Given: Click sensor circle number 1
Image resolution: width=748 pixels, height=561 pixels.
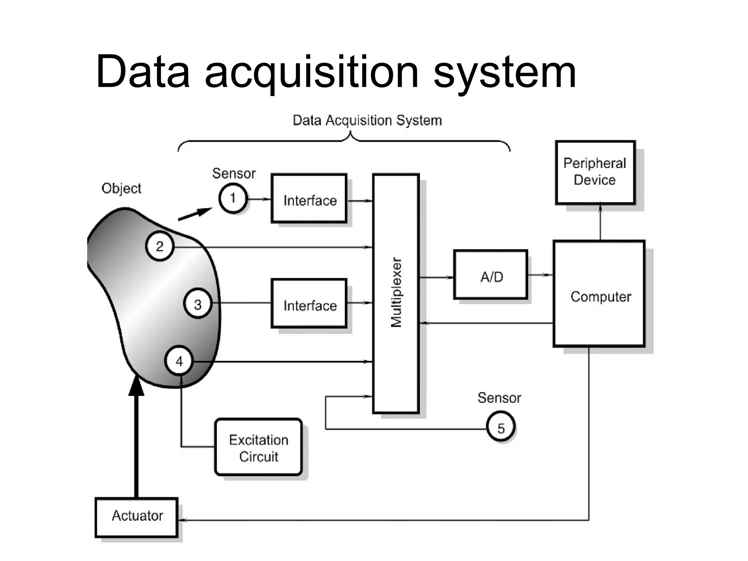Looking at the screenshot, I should pos(233,199).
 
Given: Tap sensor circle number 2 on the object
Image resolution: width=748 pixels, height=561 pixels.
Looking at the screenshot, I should pos(160,247).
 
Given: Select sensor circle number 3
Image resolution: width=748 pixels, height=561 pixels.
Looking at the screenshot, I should pos(198,304).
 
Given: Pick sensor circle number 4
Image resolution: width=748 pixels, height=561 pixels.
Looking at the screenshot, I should pos(179,361).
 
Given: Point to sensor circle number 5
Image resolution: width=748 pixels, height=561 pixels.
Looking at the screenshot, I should pos(501,427).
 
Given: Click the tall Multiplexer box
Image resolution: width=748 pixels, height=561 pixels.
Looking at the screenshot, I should pos(396,293).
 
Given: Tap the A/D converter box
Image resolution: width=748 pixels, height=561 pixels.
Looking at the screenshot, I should pos(491,275).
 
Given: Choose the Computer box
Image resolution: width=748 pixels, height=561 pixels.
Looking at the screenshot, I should pos(599,293).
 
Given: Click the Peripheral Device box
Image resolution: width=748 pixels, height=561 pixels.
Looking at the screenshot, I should pos(595,172).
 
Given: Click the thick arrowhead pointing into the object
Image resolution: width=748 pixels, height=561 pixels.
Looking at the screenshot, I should pos(136,386).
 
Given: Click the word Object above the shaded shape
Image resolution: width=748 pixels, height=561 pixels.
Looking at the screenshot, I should pos(121,188).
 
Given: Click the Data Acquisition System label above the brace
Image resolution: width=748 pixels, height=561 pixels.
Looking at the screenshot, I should pos(367,120).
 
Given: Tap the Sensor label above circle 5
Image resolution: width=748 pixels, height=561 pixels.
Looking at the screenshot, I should pos(499,398).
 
